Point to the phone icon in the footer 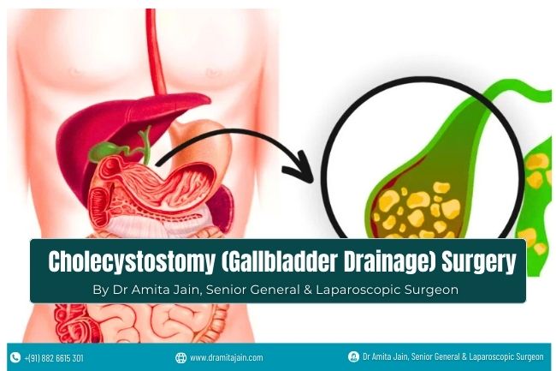point(15,357)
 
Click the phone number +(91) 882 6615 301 point(54,357)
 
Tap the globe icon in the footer point(180,357)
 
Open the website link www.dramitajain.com point(226,357)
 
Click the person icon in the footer point(353,356)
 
